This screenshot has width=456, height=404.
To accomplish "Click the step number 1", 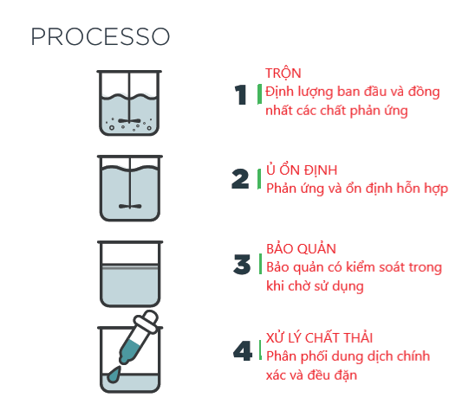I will tap(242, 94).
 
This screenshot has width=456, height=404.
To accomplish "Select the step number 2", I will tap(241, 179).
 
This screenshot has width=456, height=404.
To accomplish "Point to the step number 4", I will tap(242, 350).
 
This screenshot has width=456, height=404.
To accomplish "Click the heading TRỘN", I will tap(283, 73).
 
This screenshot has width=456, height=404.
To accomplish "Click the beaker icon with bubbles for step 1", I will tap(130, 104).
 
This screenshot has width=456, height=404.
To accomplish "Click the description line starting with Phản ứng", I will tap(356, 188).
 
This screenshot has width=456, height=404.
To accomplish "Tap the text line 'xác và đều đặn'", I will tap(311, 375).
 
